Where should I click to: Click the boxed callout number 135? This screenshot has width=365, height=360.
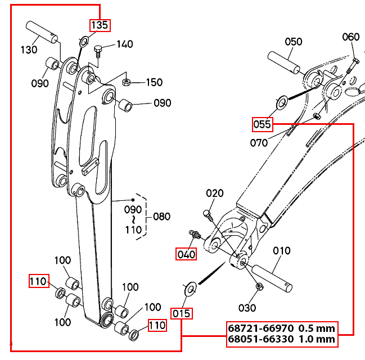point(100,25)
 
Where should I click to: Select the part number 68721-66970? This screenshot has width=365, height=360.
point(261,328)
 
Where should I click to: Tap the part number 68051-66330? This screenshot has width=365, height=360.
point(261,339)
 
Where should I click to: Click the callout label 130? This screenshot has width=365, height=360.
point(29,49)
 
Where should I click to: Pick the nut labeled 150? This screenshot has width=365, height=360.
point(126,82)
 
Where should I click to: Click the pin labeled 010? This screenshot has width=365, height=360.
point(272,278)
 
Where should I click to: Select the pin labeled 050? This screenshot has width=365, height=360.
point(284,62)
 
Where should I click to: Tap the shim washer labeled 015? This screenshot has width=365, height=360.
point(191,289)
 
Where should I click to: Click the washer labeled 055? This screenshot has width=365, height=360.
point(282,103)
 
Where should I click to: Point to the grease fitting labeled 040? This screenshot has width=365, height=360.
point(195,235)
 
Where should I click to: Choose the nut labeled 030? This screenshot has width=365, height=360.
point(259,286)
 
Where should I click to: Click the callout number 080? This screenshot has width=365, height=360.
point(161,217)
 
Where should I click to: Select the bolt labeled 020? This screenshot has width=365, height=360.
point(208,216)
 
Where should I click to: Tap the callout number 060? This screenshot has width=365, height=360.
point(351,37)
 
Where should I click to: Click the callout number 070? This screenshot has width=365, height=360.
point(259,143)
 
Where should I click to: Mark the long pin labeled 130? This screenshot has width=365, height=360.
point(42,32)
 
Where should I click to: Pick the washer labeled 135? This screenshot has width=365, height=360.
point(84,42)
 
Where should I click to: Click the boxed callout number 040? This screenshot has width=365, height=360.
point(186,254)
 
